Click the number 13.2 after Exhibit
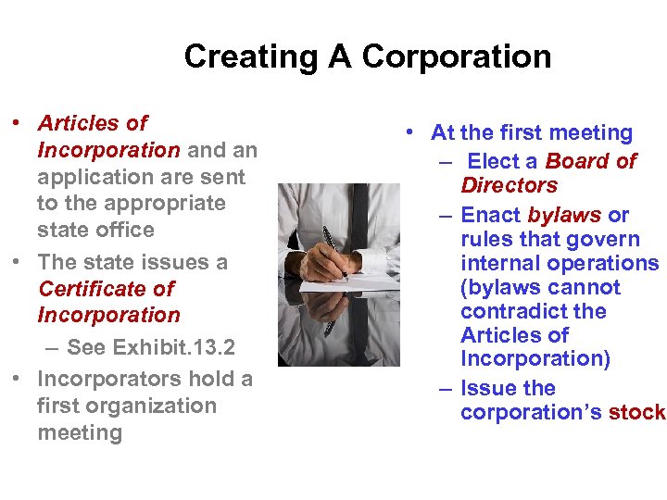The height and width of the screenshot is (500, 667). (x=211, y=347)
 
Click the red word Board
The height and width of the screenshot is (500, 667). (x=580, y=162)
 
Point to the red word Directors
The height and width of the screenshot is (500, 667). (x=509, y=185)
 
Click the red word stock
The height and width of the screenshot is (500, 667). (x=637, y=412)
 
